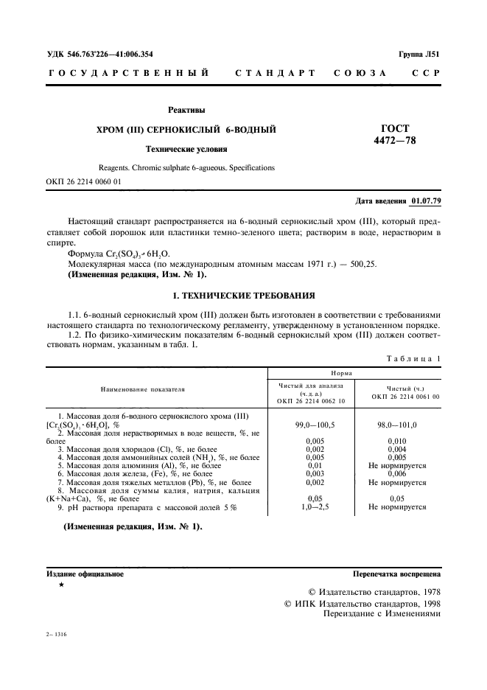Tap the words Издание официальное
click(85, 573)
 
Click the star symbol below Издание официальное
click(61, 584)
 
